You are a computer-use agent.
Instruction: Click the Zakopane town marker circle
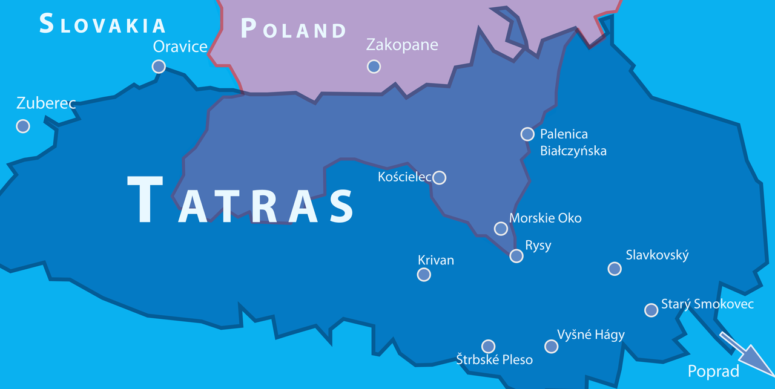click(x=374, y=67)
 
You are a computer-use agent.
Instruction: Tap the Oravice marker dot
click(x=159, y=67)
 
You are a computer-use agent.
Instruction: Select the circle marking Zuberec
click(x=23, y=126)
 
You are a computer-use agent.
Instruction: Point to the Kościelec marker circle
click(x=440, y=177)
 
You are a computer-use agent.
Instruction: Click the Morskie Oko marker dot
click(x=501, y=228)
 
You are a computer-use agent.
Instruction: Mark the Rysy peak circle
click(x=516, y=256)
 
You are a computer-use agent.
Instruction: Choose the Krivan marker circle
click(x=424, y=275)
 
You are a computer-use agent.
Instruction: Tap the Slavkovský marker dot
click(x=615, y=269)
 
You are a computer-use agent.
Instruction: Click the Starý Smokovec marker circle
click(x=651, y=310)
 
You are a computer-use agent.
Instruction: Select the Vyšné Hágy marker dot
click(x=551, y=346)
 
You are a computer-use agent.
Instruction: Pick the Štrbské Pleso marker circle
click(x=488, y=346)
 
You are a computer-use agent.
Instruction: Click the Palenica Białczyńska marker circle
click(x=527, y=134)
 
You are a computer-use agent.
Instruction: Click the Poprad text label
click(x=713, y=371)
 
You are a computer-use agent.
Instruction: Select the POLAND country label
click(x=294, y=29)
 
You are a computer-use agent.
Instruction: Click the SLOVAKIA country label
click(x=102, y=24)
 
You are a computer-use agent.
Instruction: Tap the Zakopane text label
click(x=402, y=45)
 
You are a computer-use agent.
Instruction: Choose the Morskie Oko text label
click(x=546, y=218)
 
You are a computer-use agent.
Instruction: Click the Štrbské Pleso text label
click(x=494, y=360)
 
